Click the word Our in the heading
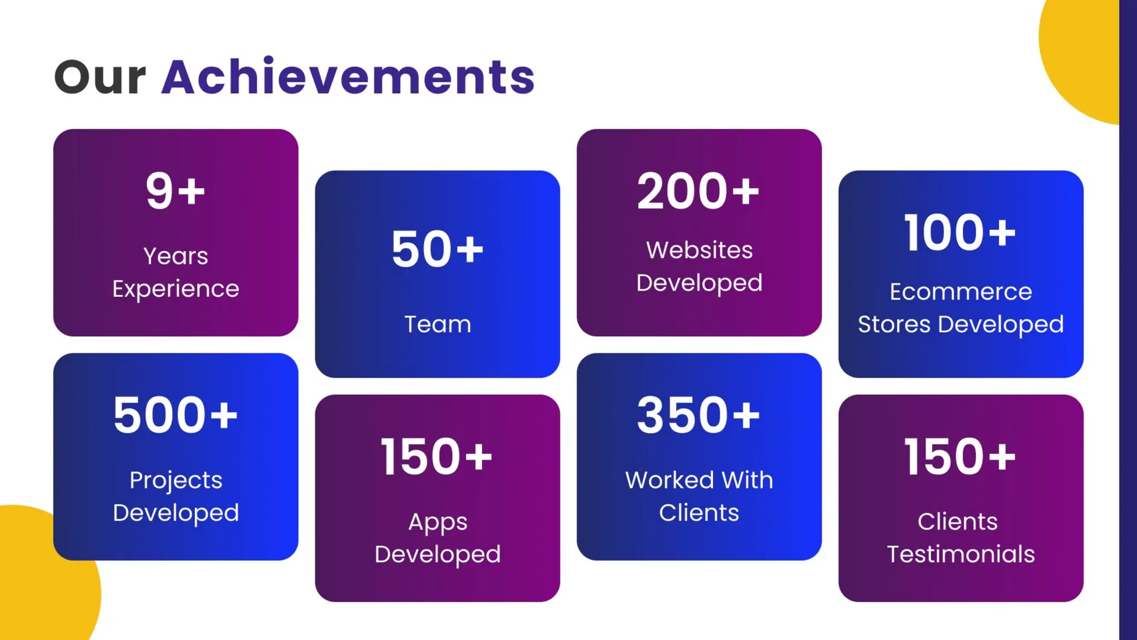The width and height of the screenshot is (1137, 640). point(100,78)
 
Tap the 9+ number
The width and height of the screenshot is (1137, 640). point(175,191)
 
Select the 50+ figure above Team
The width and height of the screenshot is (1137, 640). point(437,249)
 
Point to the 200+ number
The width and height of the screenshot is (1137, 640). point(698,191)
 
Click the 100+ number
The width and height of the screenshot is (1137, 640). point(960,233)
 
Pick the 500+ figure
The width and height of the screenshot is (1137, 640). point(175,415)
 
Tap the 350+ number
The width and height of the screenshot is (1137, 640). point(698,415)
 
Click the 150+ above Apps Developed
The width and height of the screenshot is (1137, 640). point(437,457)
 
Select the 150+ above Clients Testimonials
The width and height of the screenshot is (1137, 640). point(960,457)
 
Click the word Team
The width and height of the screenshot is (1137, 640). point(437,324)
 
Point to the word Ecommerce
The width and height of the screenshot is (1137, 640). point(960,292)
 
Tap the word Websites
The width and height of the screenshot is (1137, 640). point(699,250)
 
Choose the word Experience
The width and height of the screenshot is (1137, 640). point(175,289)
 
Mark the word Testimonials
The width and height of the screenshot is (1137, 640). point(960,554)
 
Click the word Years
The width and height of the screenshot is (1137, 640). point(175,256)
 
